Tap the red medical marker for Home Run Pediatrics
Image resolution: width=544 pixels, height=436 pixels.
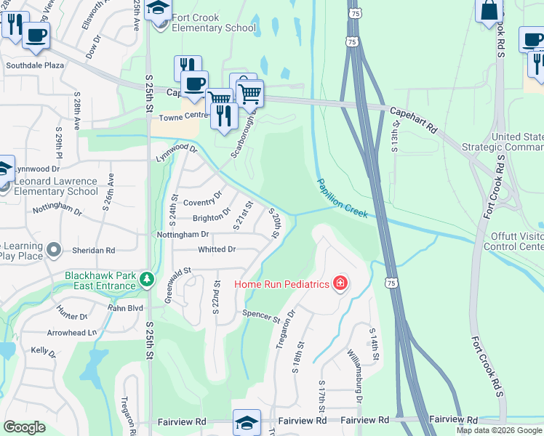[340, 283]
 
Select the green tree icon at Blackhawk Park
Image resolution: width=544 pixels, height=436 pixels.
[147, 280]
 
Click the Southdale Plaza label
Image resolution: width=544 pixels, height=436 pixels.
[35, 65]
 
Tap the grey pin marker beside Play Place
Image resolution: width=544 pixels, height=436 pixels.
[53, 251]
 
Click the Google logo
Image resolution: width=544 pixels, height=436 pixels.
[24, 427]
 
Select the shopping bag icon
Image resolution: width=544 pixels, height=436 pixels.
[489, 10]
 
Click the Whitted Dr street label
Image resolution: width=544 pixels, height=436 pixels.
[217, 249]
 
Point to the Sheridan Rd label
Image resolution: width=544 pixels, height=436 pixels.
[93, 250]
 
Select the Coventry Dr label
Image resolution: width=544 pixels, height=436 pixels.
[201, 201]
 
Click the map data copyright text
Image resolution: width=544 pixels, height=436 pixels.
[499, 430]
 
